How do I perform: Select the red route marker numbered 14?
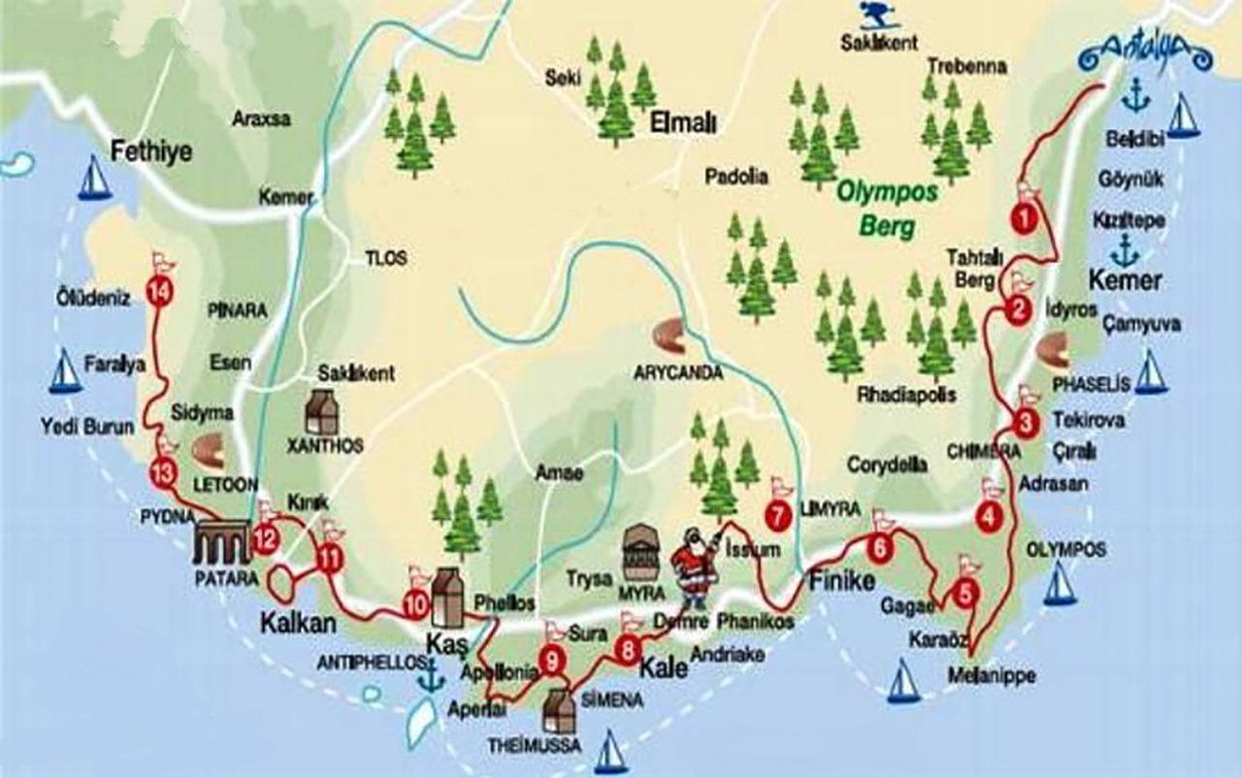pyautogui.click(x=159, y=290)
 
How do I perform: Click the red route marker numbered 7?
pyautogui.click(x=777, y=517)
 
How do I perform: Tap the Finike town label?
pyautogui.click(x=842, y=581)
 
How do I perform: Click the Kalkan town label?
pyautogui.click(x=298, y=623)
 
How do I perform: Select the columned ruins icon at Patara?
pyautogui.click(x=222, y=543)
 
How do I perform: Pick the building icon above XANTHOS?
pyautogui.click(x=322, y=412)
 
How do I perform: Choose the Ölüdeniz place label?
pyautogui.click(x=93, y=299)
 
